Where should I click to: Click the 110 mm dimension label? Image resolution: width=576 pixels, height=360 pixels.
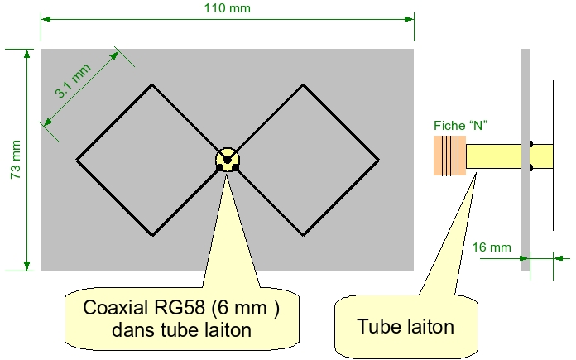point(228,7)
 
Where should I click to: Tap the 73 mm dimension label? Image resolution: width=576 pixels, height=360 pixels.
point(16,160)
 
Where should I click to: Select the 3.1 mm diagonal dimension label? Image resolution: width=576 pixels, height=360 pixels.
point(73,81)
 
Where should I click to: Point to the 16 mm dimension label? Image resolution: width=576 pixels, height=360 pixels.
point(492,247)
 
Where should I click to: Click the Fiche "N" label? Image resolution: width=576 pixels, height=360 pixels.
point(461,126)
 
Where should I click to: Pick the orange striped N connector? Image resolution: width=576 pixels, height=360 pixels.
point(449,156)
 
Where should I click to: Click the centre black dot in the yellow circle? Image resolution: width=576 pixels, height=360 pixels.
point(227,160)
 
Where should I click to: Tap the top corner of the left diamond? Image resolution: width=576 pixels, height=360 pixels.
point(152,85)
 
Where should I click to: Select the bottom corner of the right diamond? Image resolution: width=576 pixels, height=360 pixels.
point(303,235)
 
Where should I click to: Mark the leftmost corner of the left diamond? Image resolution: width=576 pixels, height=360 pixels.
point(76,160)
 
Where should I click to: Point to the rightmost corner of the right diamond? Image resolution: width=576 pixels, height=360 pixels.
point(379,160)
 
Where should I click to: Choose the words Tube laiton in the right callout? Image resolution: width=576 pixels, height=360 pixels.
point(406,326)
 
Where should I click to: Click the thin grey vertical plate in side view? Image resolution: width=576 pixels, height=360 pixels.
point(526,160)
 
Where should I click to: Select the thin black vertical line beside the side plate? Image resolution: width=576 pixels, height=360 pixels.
point(553,156)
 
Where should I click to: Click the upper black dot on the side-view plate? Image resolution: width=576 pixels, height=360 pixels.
point(531,144)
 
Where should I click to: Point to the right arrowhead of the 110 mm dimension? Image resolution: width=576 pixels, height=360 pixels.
point(409,19)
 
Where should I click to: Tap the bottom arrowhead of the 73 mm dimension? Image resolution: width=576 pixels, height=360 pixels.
point(26,266)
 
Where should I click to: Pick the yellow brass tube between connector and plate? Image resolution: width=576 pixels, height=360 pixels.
point(494,156)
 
